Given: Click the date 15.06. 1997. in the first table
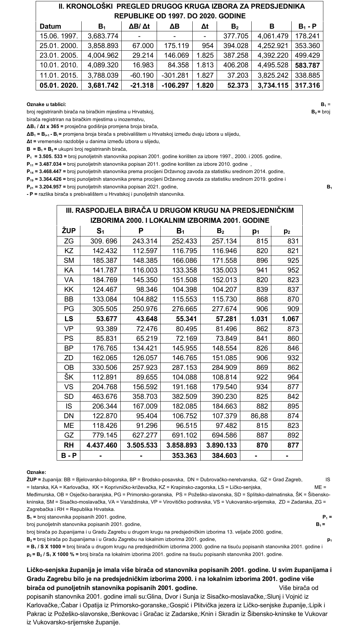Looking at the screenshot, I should pyautogui.click(x=59, y=36).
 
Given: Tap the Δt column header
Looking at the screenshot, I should pyautogui.click(x=205, y=26).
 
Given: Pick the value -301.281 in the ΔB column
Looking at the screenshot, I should pyautogui.click(x=175, y=75).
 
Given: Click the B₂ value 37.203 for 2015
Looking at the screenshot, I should pyautogui.click(x=238, y=75).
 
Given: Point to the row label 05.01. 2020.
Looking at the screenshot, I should pyautogui.click(x=59, y=85).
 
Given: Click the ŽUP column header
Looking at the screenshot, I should pyautogui.click(x=69, y=231).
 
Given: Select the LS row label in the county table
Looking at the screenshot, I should pyautogui.click(x=69, y=319).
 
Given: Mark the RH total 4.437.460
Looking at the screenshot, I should pyautogui.click(x=102, y=445).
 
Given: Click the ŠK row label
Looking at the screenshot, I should pyautogui.click(x=69, y=377).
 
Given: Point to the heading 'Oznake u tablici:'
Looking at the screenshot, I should pyautogui.click(x=46, y=104).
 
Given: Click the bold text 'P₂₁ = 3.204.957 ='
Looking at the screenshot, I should pyautogui.click(x=46, y=187).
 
